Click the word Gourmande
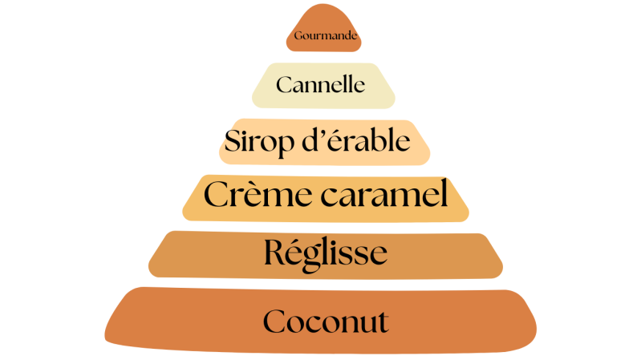pyautogui.click(x=326, y=36)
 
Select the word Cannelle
pyautogui.click(x=321, y=84)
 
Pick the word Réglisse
pyautogui.click(x=326, y=253)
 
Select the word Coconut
pyautogui.click(x=326, y=322)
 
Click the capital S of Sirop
pyautogui.click(x=233, y=142)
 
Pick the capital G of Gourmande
pyautogui.click(x=298, y=36)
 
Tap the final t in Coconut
pyautogui.click(x=383, y=323)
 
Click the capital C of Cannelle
pyautogui.click(x=283, y=84)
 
